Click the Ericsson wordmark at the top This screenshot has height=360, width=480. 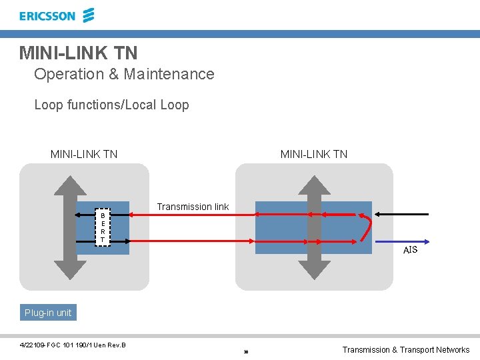pos(47,16)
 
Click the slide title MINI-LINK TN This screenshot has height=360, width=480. pos(78,52)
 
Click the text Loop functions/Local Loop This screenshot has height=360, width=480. pos(111,105)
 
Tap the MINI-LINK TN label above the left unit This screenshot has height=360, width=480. pos(84,154)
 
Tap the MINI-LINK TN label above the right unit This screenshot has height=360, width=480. pos(314,154)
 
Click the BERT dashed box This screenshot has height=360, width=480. pos(102,227)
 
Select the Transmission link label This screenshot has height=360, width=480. pos(193,207)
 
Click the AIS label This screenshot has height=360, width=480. pos(410,250)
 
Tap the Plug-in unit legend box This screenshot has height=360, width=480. pos(48,313)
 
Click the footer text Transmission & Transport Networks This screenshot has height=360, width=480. pos(405,350)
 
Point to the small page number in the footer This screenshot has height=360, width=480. pos(246,351)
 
